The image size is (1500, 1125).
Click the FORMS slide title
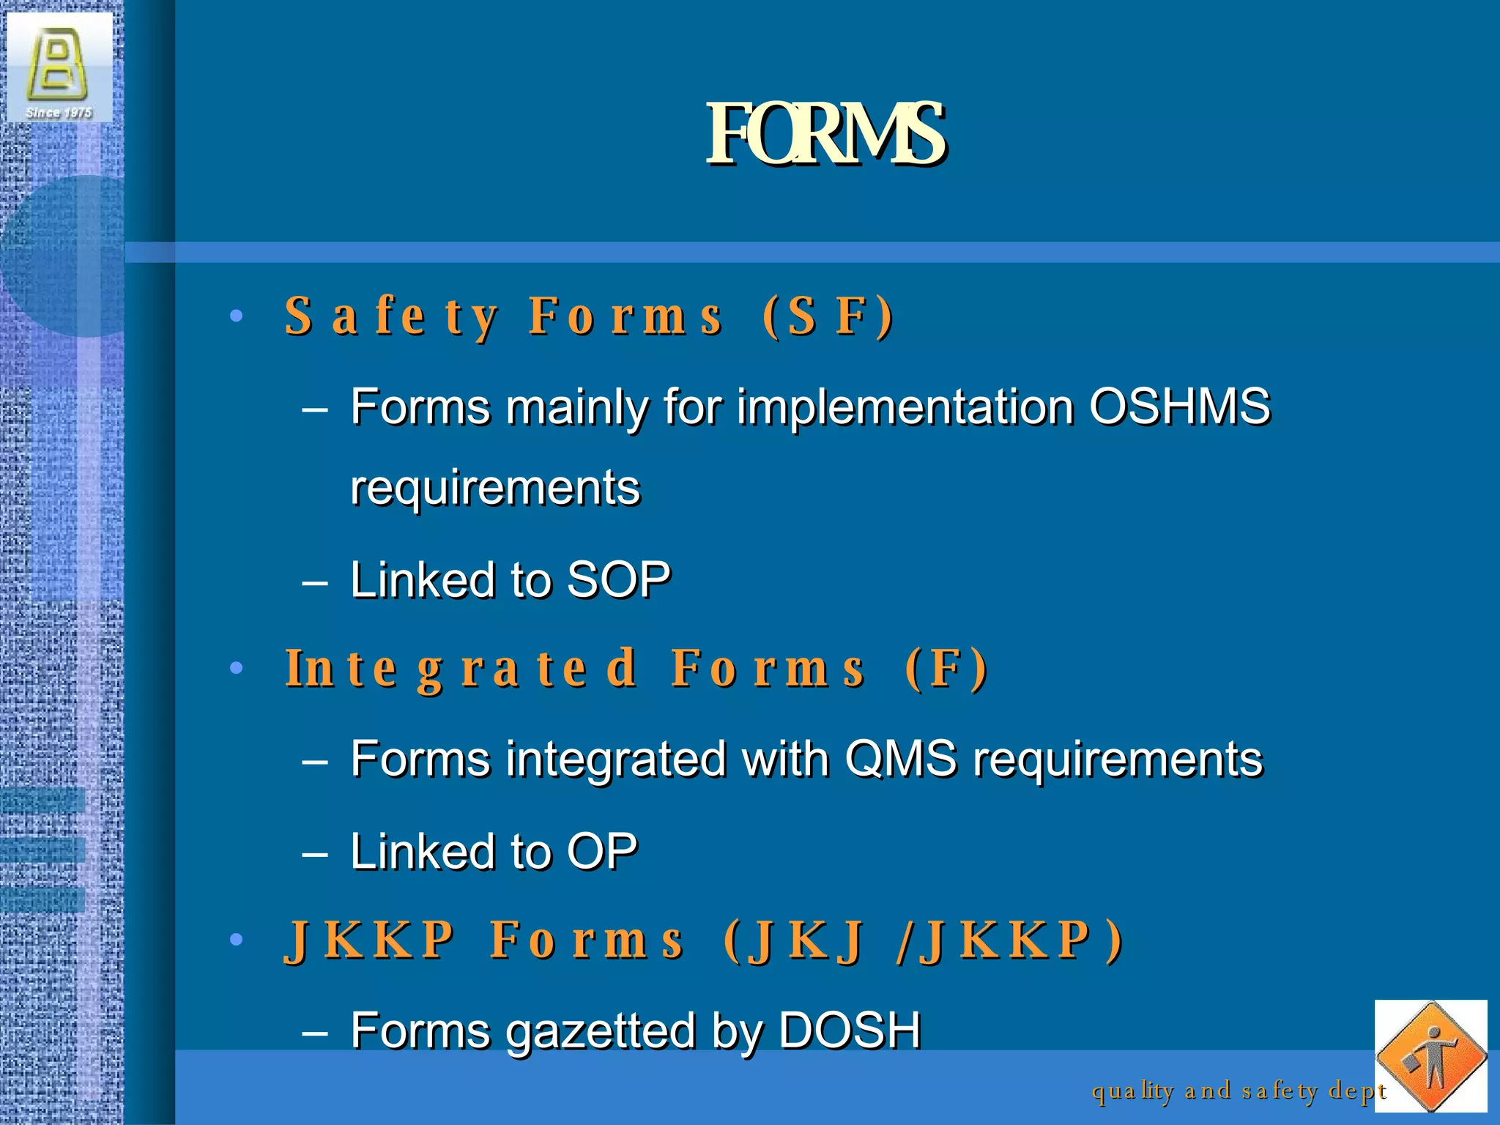(x=825, y=134)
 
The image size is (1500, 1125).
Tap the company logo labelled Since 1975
(x=59, y=67)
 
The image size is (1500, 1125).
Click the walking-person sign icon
(x=1430, y=1056)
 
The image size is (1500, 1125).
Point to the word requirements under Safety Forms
(x=495, y=488)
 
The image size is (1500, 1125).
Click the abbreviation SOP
(x=619, y=580)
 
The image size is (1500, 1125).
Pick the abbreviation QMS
(x=901, y=758)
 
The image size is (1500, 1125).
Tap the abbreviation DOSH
(x=850, y=1030)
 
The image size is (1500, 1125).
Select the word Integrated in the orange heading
(x=461, y=669)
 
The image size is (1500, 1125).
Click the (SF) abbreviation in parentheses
(x=828, y=316)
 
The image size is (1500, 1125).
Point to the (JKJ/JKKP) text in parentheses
(x=923, y=940)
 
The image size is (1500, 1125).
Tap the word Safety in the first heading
(x=392, y=316)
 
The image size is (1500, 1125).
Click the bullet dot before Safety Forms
(x=236, y=316)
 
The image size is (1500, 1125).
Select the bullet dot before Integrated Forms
(x=236, y=668)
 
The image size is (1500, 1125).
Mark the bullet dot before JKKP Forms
(x=236, y=940)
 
